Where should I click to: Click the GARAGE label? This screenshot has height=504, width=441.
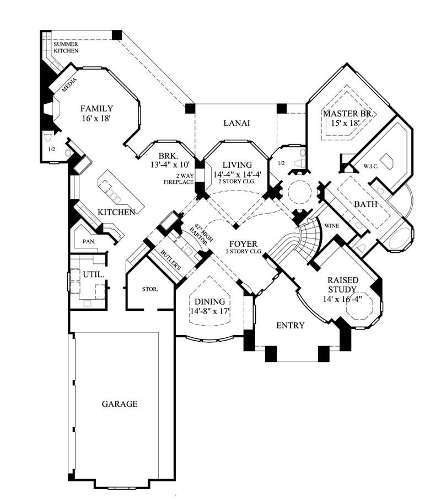tap(119, 404)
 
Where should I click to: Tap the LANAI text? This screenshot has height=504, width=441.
tap(236, 123)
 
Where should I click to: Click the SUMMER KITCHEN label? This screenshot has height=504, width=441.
tap(66, 47)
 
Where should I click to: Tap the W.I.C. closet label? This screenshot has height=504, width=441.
tap(369, 166)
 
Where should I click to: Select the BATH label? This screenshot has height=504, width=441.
tap(365, 204)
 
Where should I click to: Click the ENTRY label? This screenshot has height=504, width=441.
tap(290, 326)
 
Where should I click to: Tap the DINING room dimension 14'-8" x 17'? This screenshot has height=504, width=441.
tap(209, 312)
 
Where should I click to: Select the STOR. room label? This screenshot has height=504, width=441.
tap(150, 289)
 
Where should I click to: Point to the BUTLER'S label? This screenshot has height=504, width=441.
tap(171, 259)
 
